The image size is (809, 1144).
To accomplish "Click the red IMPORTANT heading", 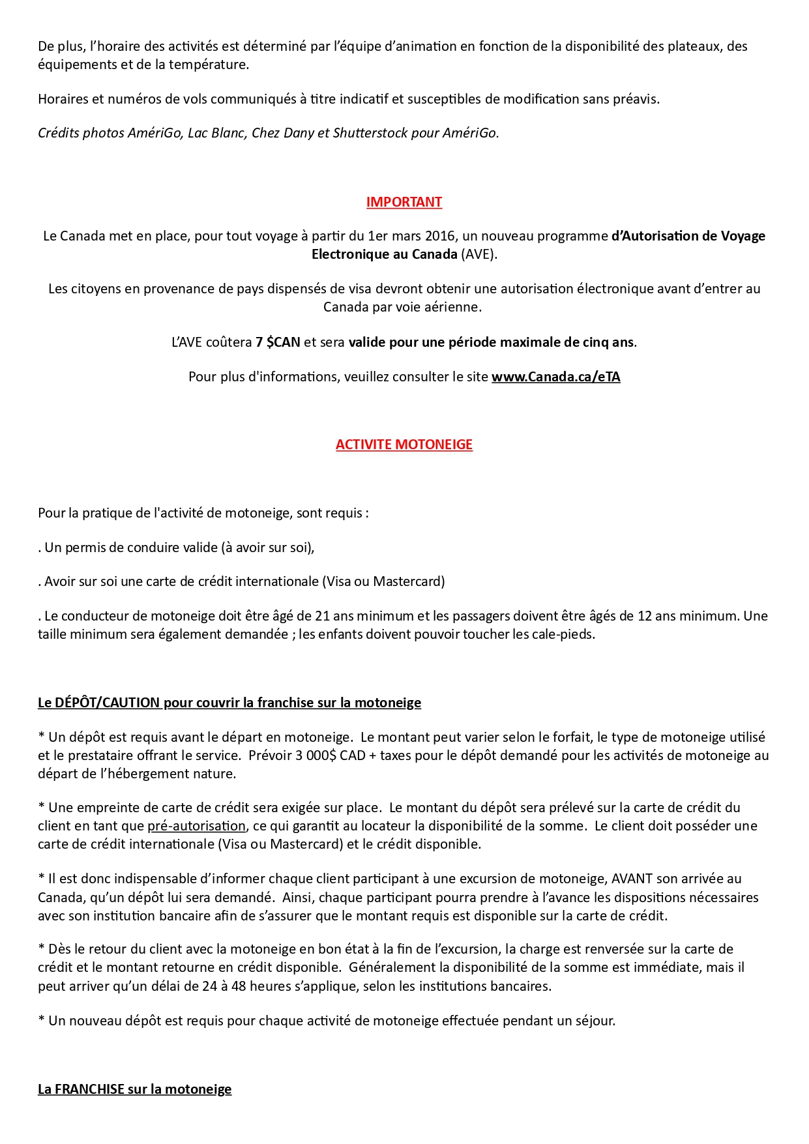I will click(404, 202).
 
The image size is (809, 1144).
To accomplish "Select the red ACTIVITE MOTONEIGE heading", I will click(404, 445).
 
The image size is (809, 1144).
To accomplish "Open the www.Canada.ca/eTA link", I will click(555, 377).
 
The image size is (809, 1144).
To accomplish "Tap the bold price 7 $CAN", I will click(278, 342).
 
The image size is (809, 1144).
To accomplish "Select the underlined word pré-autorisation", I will click(196, 826).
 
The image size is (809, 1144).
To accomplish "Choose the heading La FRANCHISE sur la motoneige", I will click(135, 1089).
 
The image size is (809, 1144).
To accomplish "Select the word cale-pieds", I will click(565, 634).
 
